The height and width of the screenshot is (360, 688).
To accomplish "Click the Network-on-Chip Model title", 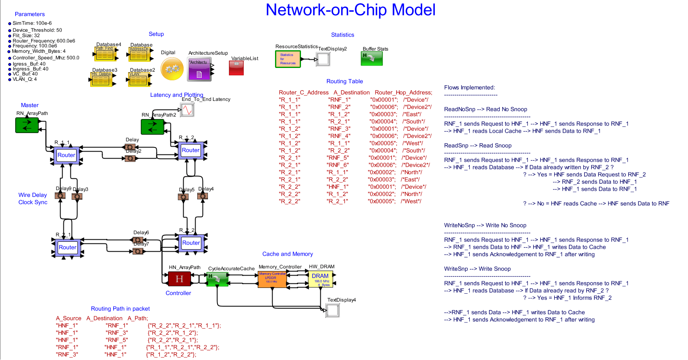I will click(350, 10).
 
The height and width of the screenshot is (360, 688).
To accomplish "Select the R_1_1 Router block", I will click(66, 155).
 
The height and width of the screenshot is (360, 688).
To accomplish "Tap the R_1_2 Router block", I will click(190, 150).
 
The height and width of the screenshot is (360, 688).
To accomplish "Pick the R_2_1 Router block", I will click(68, 248).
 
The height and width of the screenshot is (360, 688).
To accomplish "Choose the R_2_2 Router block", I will click(191, 243).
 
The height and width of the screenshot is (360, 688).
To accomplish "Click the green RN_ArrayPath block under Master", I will click(27, 125).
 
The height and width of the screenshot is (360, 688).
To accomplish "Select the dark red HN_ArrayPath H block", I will click(179, 279).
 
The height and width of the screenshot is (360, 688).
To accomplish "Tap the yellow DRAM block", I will click(320, 279).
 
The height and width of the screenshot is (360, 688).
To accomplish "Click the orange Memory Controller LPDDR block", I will click(272, 279).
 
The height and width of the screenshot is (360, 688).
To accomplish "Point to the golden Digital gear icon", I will click(172, 69).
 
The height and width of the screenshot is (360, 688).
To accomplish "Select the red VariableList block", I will click(236, 68).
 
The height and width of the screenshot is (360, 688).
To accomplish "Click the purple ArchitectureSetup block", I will click(199, 69).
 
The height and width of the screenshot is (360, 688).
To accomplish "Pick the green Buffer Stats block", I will click(372, 58).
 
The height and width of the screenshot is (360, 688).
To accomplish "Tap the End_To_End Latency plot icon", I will click(187, 110).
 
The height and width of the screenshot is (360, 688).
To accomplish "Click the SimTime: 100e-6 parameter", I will click(32, 23).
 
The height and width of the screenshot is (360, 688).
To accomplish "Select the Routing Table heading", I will click(345, 82).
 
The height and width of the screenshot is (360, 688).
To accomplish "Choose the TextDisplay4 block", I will click(332, 311).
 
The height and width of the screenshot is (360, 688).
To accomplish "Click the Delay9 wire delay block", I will click(61, 196).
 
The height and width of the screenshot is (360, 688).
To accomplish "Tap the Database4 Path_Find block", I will click(105, 54).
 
